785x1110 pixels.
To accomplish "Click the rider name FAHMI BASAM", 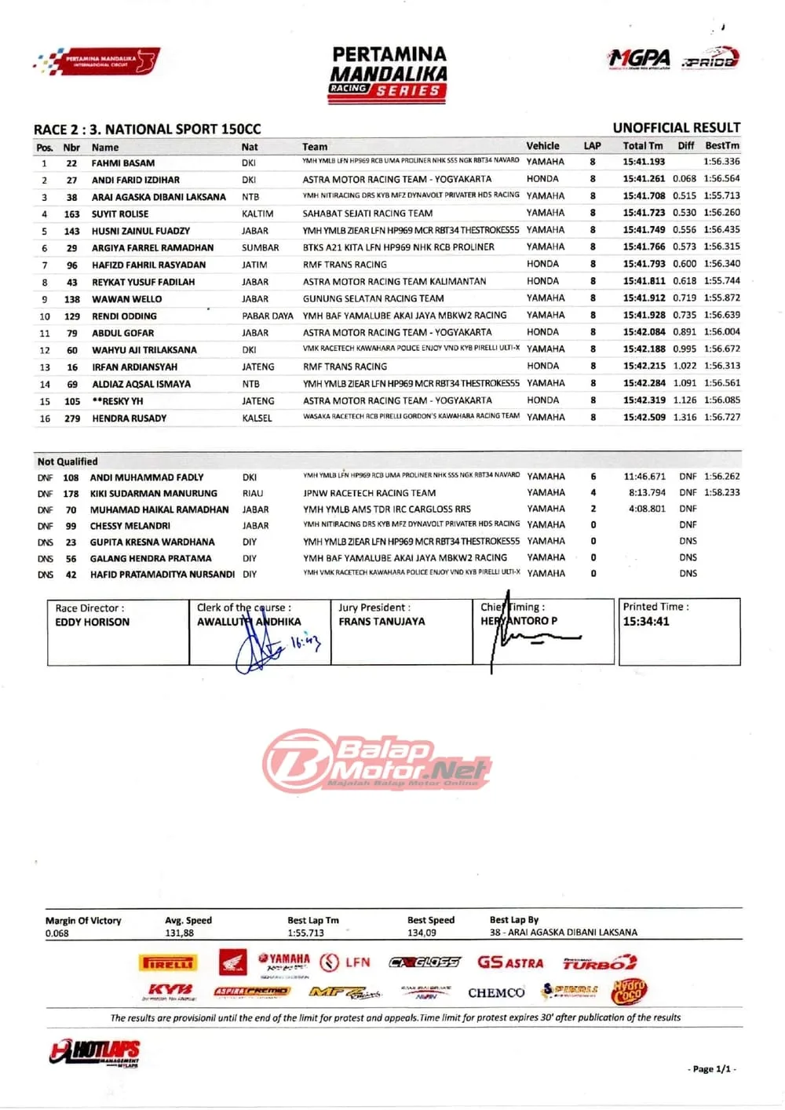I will pos(123,163).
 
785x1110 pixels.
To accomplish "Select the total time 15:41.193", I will pos(644,162).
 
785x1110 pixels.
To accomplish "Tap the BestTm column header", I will pos(721,145).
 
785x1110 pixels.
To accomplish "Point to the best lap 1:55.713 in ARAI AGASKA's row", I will pos(721,195).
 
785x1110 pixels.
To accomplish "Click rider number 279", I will pos(72,418).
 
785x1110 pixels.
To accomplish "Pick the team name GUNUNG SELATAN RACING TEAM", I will pos(373,298).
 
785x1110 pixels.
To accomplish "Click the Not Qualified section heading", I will pos(68,462).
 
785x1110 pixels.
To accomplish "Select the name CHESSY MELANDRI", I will pos(130,526).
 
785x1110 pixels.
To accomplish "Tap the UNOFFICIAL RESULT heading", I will pos(676,127).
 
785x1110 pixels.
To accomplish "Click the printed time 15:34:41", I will pos(646,621).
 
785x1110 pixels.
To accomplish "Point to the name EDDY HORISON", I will pos(92,622).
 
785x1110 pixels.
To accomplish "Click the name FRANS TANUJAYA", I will pos(382,621).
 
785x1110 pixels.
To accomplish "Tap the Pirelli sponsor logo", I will pos(168,962).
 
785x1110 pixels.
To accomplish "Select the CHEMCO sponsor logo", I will pos(496,993).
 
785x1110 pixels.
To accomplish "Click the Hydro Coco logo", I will pos(628,991).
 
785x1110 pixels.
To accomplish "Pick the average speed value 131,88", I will pos(179,933).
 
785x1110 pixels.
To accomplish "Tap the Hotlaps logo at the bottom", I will pos(95,1053).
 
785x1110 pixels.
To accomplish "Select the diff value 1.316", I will pos(684,418).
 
